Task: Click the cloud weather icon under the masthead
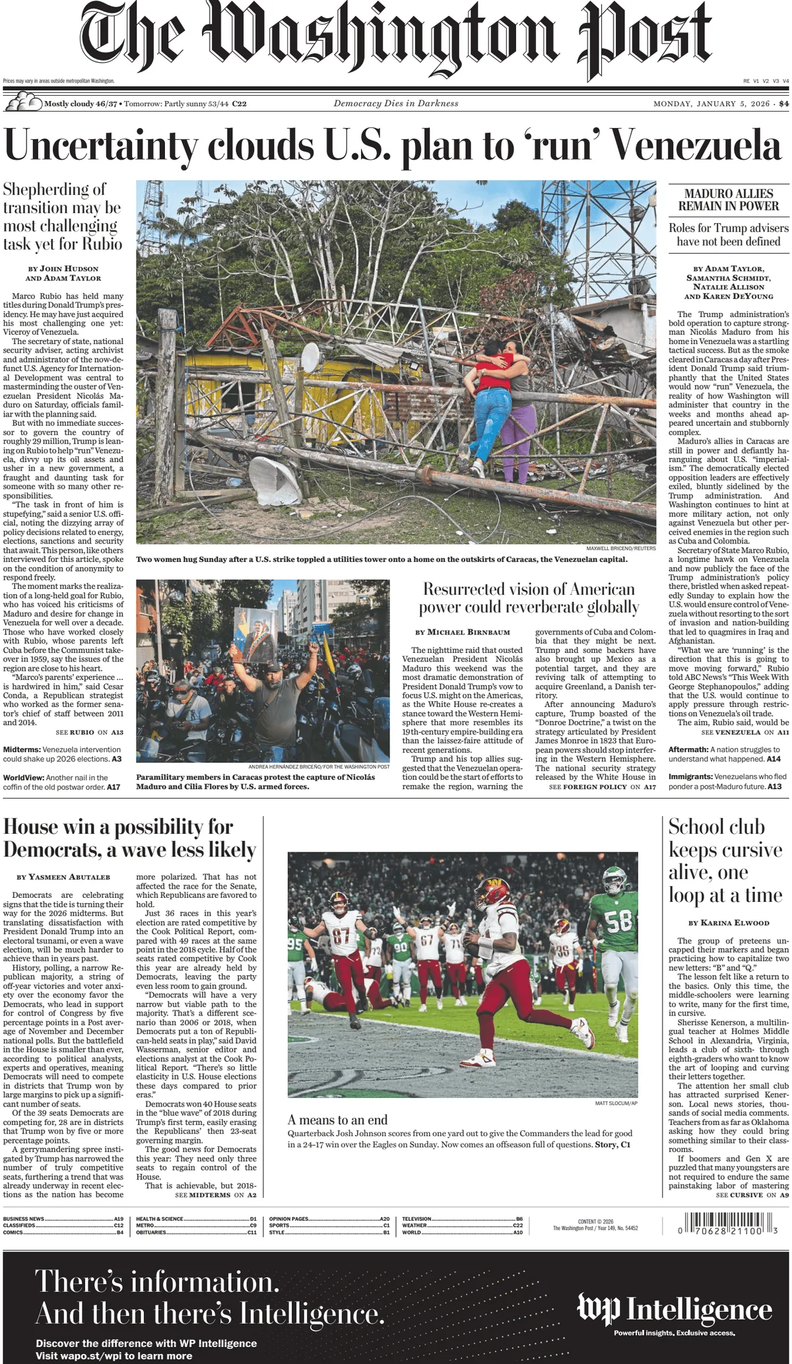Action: [22, 103]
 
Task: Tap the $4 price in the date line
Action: [783, 104]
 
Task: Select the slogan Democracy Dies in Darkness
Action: [396, 104]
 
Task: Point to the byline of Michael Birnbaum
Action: [463, 632]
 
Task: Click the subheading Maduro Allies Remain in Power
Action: [729, 199]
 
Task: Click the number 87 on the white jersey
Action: [341, 936]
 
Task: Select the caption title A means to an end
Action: [337, 1119]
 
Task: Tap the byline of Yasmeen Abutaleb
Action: [63, 877]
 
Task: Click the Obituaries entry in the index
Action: [152, 1232]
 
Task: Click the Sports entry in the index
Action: [280, 1225]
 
